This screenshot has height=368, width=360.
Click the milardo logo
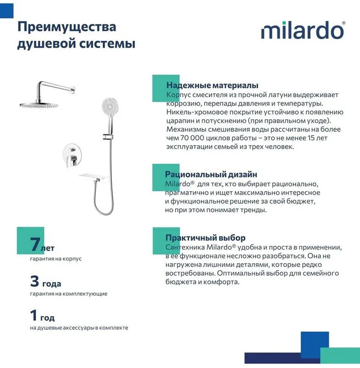(303, 31)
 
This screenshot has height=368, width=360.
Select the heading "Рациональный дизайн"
(211, 174)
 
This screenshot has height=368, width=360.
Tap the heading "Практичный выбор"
(205, 237)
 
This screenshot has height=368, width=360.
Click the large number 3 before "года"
(34, 282)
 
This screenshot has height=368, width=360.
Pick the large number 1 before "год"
(34, 316)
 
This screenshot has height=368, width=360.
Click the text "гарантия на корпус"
(56, 258)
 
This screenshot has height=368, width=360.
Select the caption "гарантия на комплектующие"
(68, 294)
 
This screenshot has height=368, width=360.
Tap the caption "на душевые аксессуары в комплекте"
(79, 328)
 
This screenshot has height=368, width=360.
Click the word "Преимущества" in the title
(67, 26)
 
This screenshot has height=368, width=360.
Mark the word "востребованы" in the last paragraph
(190, 273)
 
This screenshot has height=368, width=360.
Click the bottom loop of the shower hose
(102, 211)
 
